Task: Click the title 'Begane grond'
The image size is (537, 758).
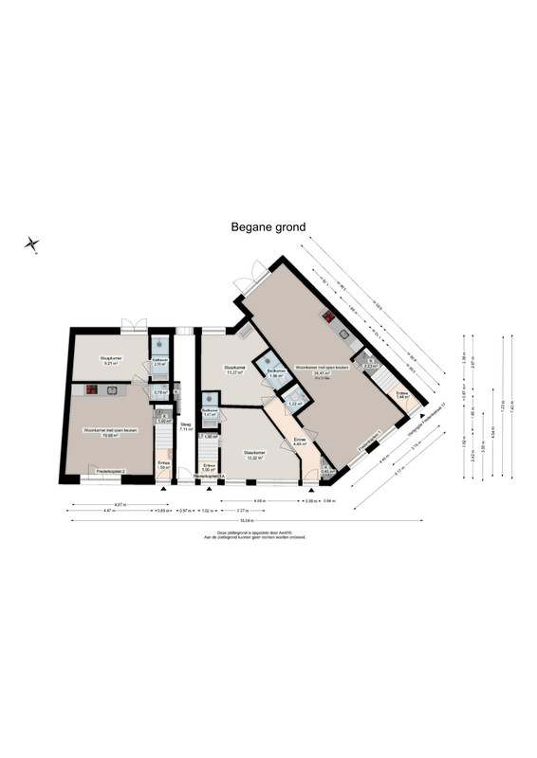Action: click(268, 227)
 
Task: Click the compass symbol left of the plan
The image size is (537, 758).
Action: click(31, 245)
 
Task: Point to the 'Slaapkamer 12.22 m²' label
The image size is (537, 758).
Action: click(254, 454)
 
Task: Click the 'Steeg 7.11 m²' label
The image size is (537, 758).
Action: click(186, 427)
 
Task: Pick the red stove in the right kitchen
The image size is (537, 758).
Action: click(328, 318)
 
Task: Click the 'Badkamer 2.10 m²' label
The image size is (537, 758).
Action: click(159, 362)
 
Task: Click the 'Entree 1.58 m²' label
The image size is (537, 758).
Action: click(163, 466)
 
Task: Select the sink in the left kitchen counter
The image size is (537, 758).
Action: click(111, 388)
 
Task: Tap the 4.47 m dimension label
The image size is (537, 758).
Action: click(109, 512)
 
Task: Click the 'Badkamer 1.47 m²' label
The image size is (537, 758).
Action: click(211, 413)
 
